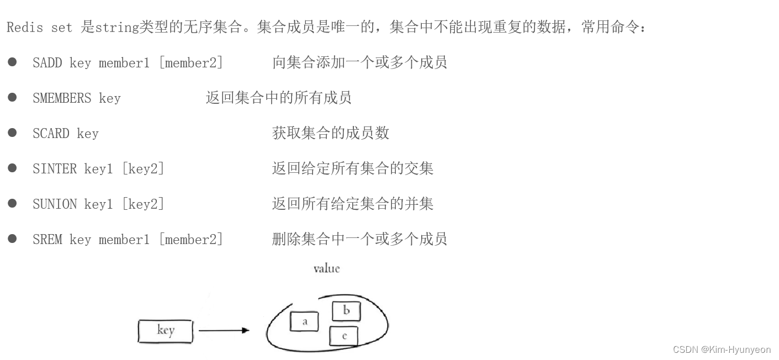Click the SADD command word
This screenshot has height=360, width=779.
[x=47, y=63]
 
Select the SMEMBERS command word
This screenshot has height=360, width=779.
[x=62, y=98]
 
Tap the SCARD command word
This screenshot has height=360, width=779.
[x=51, y=134]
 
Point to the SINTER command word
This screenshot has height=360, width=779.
[x=55, y=169]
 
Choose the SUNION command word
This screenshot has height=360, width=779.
[x=55, y=204]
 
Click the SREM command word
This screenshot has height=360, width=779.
[x=47, y=240]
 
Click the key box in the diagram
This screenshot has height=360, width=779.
[x=165, y=331]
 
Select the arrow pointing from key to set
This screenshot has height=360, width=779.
[x=224, y=331]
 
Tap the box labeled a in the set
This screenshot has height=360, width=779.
[x=304, y=321]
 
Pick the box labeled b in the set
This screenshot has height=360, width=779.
[x=346, y=311]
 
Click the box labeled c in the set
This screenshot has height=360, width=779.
[x=343, y=336]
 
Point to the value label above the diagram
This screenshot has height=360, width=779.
[x=326, y=269]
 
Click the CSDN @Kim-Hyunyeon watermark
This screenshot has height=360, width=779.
[x=722, y=350]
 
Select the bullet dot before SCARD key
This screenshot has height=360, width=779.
[x=12, y=133]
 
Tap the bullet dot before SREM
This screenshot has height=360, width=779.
[x=12, y=239]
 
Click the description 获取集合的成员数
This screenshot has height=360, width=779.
[x=331, y=133]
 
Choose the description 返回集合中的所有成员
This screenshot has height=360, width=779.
[x=278, y=98]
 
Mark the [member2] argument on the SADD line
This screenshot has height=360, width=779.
[x=191, y=63]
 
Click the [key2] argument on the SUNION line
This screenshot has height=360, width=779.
[x=143, y=204]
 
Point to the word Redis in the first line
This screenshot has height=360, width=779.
[x=24, y=28]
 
